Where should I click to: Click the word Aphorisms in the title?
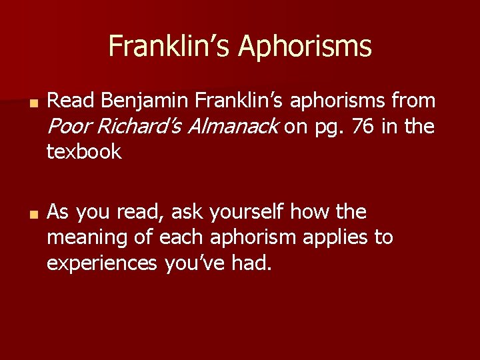click(305, 47)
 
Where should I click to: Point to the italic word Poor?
click(71, 127)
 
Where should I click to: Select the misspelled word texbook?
click(84, 152)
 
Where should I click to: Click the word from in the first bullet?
click(413, 101)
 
